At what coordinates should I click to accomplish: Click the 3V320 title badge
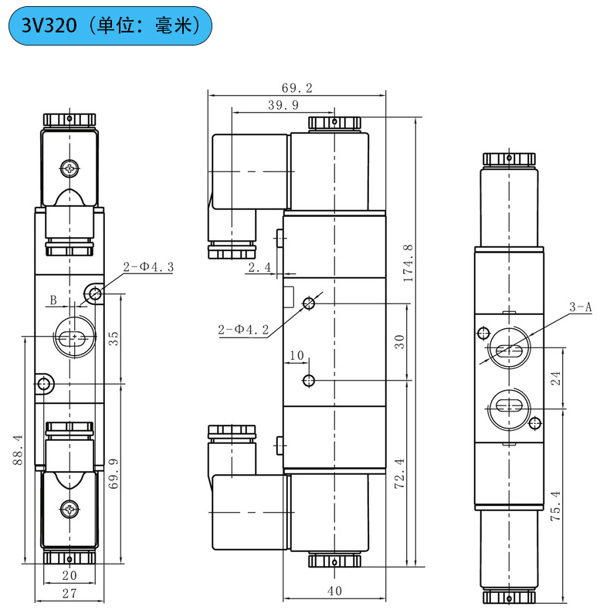(x=109, y=26)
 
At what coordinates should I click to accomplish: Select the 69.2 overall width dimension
(x=297, y=88)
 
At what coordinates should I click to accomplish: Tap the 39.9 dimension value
(x=283, y=106)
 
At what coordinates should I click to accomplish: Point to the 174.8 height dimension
(x=409, y=263)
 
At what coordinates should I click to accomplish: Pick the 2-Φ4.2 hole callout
(x=243, y=330)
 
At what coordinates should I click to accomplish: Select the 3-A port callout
(x=580, y=307)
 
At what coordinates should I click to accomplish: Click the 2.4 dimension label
(x=259, y=268)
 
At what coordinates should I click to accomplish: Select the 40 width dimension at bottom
(x=334, y=591)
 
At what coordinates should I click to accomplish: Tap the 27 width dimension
(x=69, y=593)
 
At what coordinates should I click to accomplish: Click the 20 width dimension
(x=69, y=574)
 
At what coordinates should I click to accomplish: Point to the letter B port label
(x=53, y=300)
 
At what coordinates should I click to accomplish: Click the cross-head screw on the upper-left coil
(x=70, y=168)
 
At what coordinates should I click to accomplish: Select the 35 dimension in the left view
(x=114, y=338)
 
